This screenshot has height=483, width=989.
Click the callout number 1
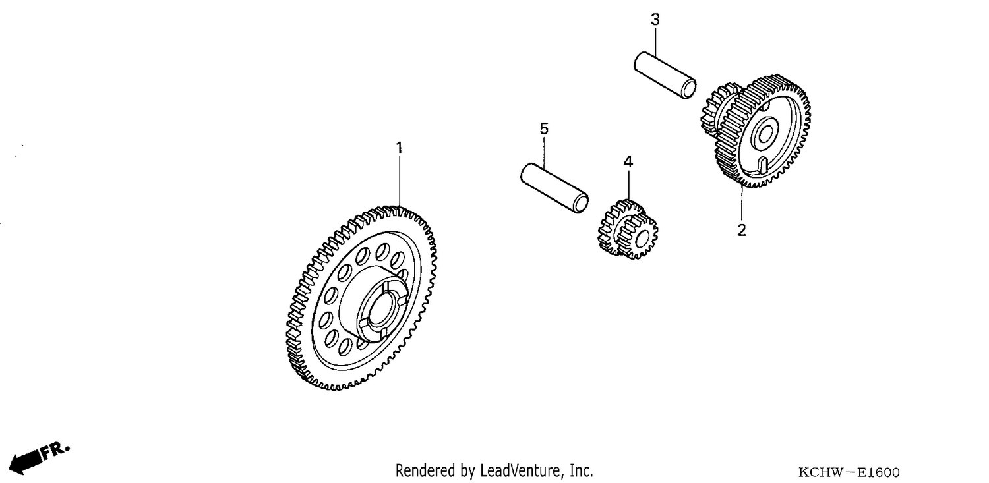[x=399, y=148]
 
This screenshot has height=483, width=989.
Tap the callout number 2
[x=741, y=230]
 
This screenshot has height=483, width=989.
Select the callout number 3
[x=655, y=20]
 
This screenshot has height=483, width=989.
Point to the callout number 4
[x=628, y=162]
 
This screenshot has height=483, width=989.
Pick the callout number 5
[x=544, y=128]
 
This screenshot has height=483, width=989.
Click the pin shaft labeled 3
[x=665, y=75]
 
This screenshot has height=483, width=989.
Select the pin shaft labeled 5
[x=554, y=188]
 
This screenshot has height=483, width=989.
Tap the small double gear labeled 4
[x=628, y=229]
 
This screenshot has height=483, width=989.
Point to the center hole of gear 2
[x=764, y=134]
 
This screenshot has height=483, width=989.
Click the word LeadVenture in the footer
[x=520, y=470]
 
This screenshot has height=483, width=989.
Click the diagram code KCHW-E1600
[x=849, y=472]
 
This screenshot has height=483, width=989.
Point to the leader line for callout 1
[x=399, y=181]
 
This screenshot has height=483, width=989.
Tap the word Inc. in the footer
[x=582, y=470]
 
